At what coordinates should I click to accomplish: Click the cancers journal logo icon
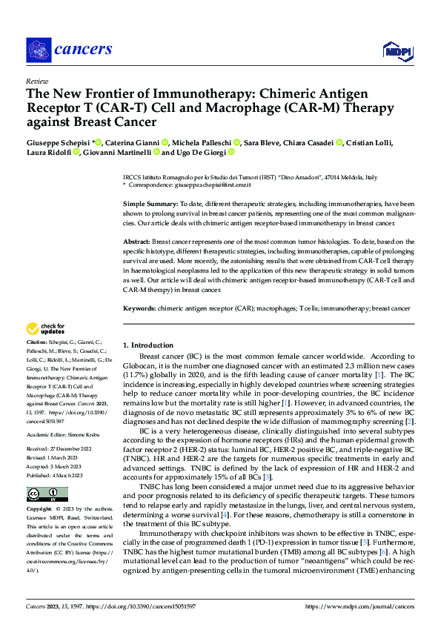[36, 49]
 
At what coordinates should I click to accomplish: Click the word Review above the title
[36, 80]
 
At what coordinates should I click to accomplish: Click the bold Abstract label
[136, 242]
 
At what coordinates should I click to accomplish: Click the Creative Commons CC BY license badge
[47, 494]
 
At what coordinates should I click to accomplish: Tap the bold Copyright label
[39, 511]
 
